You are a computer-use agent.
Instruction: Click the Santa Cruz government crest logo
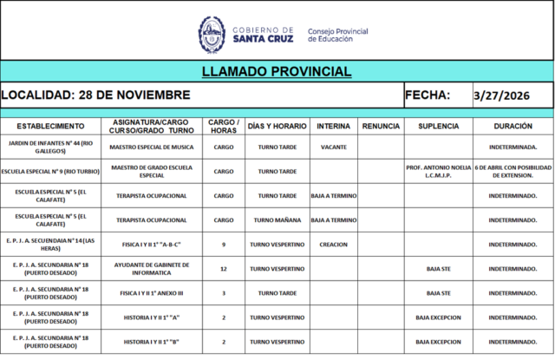pos(212,34)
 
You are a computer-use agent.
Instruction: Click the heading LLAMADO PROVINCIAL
pos(277,71)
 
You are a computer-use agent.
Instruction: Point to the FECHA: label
pos(428,95)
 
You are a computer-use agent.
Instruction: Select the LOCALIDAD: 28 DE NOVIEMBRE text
pos(95,95)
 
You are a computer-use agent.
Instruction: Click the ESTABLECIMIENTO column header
pos(51,127)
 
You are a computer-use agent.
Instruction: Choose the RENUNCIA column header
pos(381,127)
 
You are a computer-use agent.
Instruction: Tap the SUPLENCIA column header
pos(438,127)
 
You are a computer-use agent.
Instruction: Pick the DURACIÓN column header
pos(513,127)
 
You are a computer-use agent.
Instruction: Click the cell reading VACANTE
pos(333,147)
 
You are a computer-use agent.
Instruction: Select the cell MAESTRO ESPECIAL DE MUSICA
pos(152,147)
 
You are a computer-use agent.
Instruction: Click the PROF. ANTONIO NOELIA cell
pos(438,172)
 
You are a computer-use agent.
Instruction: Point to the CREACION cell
pos(333,245)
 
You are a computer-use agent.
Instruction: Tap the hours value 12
pos(224,269)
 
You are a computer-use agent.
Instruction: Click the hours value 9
pos(224,245)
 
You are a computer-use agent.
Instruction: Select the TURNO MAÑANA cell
pos(277,220)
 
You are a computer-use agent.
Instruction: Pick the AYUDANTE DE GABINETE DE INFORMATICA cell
pos(152,269)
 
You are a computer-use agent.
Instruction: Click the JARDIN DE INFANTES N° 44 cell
pos(51,147)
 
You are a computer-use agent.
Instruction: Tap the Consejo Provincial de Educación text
pos(337,35)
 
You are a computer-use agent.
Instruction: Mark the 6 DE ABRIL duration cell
pos(513,172)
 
